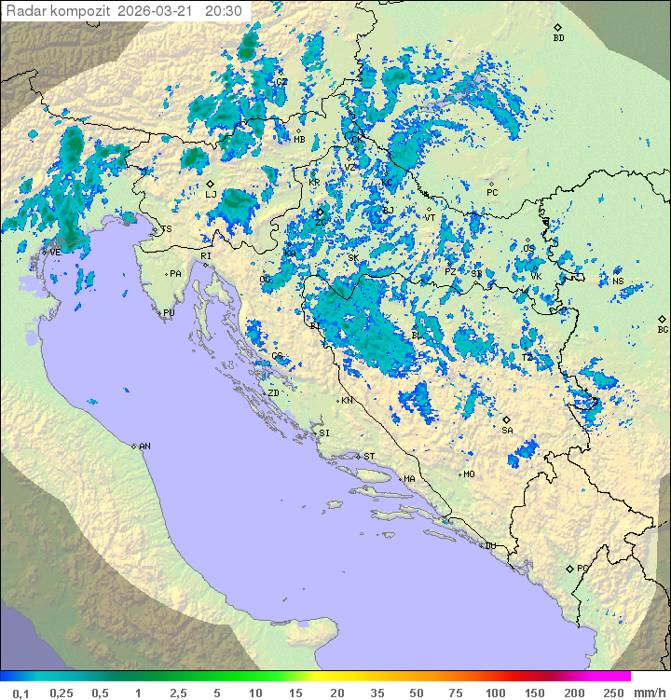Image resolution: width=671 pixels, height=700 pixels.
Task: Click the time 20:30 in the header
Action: (x=224, y=11)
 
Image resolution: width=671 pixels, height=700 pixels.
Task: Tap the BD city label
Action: (x=558, y=38)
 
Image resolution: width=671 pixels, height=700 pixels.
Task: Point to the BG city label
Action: (x=663, y=329)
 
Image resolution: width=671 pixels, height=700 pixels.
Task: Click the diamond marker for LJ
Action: (x=211, y=184)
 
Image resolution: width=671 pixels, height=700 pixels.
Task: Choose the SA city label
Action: (x=507, y=430)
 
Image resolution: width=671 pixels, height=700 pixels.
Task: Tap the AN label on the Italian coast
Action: (x=144, y=446)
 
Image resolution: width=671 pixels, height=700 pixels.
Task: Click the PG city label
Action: (x=582, y=568)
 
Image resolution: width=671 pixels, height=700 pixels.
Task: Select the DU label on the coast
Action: (x=489, y=546)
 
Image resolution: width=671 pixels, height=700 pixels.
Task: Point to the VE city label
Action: (x=55, y=252)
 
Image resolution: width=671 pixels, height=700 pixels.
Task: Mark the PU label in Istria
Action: (x=169, y=313)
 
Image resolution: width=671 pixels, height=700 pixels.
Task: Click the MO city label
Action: (x=469, y=474)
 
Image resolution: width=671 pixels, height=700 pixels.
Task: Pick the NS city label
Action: (x=618, y=281)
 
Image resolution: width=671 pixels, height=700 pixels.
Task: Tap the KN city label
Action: (x=347, y=401)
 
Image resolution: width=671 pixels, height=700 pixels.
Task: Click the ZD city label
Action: (x=273, y=393)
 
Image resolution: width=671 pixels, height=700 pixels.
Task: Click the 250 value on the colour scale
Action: (x=613, y=693)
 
